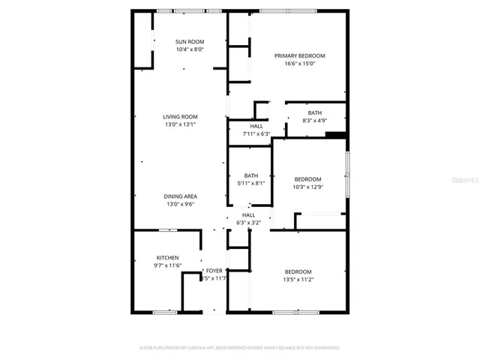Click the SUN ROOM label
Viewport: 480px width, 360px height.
pos(190,41)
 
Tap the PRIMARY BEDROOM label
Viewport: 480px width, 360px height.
pos(299,56)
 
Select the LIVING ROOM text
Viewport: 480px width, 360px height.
pos(181,116)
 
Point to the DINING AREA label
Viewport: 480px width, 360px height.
pos(181,196)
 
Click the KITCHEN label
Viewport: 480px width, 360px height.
pos(167,258)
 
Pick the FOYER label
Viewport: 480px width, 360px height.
pos(214,270)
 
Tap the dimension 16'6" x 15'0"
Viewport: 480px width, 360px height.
pos(299,64)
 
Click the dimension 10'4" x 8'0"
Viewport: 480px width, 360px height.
pos(190,49)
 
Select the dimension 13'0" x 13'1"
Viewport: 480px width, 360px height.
pos(181,124)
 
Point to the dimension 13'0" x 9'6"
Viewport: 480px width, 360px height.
pos(181,205)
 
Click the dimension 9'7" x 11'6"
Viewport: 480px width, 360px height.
pos(167,266)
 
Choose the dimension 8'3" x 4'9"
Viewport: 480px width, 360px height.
pos(314,120)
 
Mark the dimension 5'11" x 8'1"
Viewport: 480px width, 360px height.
pos(250,183)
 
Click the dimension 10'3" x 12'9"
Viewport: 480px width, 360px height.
pos(307,187)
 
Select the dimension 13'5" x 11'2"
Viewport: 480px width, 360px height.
pos(298,279)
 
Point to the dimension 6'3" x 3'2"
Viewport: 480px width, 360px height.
pos(248,223)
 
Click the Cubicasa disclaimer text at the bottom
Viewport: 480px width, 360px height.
pos(240,348)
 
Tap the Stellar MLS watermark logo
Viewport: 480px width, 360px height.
pos(464,180)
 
